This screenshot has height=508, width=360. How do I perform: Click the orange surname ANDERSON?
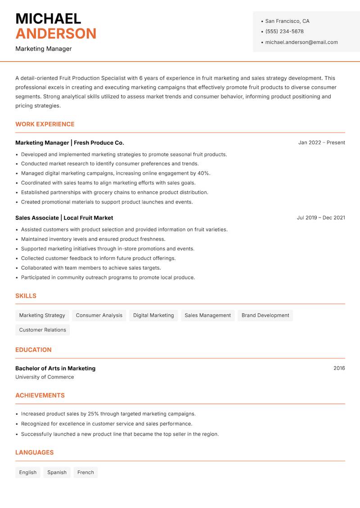click(x=56, y=34)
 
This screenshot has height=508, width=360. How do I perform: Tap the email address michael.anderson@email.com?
click(x=301, y=42)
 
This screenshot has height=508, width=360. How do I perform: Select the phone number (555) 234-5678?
click(x=284, y=31)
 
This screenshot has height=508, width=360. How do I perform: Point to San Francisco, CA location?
click(x=287, y=21)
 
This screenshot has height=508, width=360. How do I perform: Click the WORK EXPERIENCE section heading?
click(x=45, y=124)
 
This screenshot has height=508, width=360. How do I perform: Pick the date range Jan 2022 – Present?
click(x=321, y=143)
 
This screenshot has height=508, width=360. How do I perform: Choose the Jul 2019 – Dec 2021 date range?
click(x=321, y=218)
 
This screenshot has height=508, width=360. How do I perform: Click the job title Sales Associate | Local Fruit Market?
click(x=64, y=218)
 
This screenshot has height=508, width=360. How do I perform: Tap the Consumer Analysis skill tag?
click(x=99, y=315)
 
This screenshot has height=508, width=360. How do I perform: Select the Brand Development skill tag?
click(x=265, y=315)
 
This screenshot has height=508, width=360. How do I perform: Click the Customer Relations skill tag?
click(x=42, y=330)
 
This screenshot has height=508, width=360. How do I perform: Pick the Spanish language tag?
click(x=57, y=472)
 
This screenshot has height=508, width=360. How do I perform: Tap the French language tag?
click(x=85, y=472)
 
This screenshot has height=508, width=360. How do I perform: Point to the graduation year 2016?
click(x=339, y=368)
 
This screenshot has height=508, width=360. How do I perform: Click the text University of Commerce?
click(x=45, y=377)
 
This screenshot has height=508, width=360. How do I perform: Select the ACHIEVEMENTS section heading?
click(x=40, y=395)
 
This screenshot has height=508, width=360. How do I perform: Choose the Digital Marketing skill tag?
click(x=153, y=315)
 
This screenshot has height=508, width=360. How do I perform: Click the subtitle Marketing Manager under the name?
click(x=44, y=49)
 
